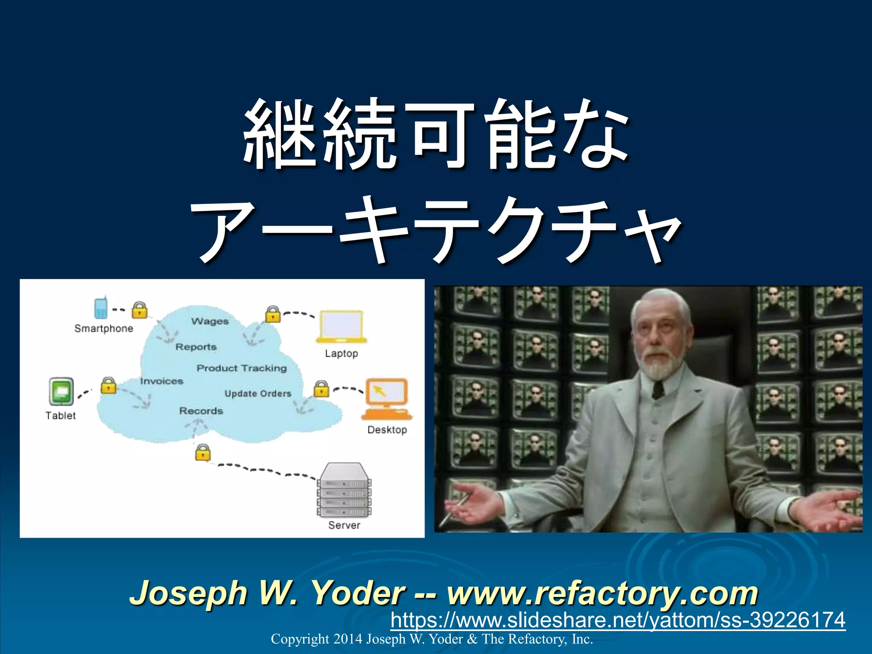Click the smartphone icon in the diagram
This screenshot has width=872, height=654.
100,307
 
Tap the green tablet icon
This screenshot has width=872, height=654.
61,391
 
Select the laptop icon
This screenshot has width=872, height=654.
341,327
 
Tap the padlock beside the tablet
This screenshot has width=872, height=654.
109,385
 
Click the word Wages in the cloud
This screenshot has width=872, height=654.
210,321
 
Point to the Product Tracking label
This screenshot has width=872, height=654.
241,368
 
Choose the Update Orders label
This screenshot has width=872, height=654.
258,393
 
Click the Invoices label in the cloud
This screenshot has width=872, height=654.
162,381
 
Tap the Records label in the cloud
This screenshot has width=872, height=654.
201,411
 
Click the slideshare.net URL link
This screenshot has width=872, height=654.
617,620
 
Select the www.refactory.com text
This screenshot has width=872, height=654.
602,593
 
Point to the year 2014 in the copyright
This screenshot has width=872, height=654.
347,639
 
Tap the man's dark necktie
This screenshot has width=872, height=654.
658,390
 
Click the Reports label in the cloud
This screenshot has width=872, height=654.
196,347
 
